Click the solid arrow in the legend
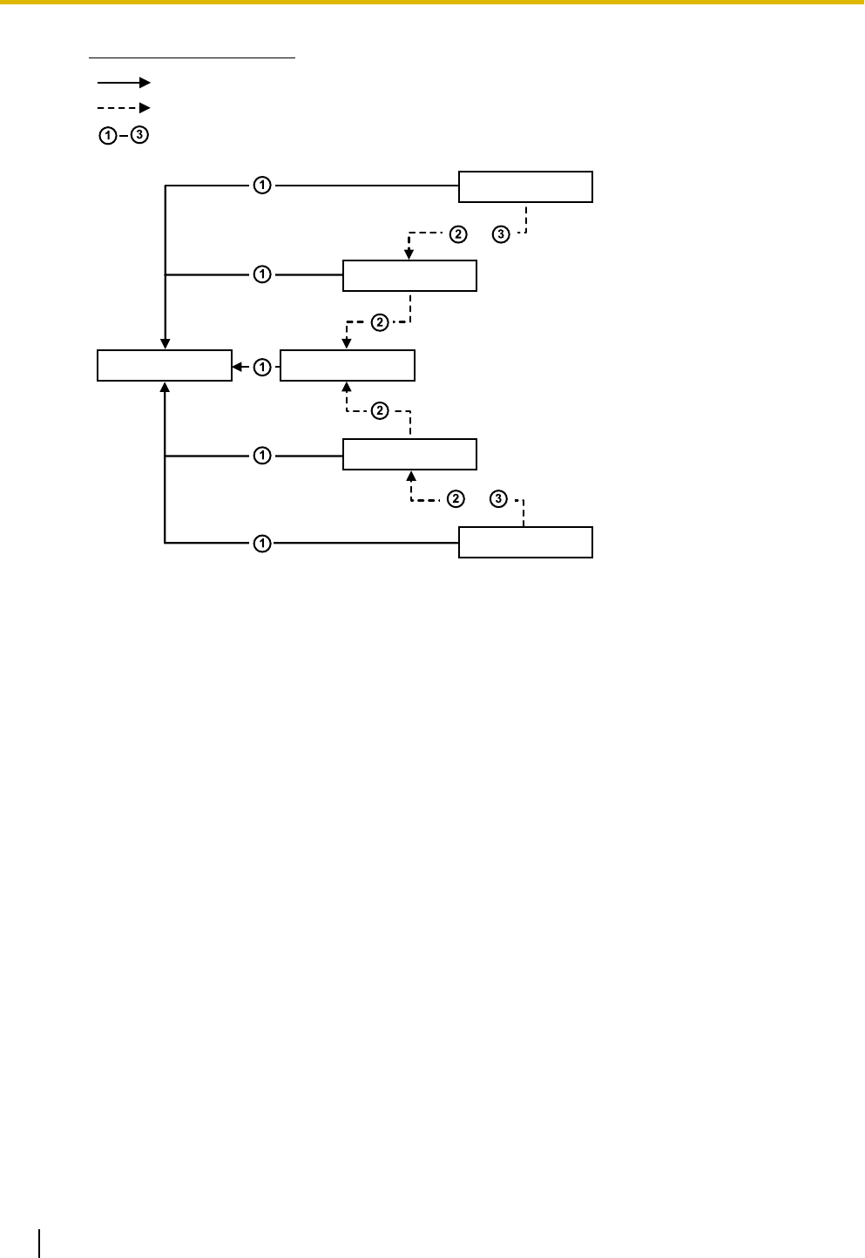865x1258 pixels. [124, 83]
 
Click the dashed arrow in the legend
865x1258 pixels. [124, 108]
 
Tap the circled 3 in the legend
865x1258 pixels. [140, 136]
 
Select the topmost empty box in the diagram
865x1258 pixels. [525, 186]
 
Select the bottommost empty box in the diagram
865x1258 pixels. [525, 542]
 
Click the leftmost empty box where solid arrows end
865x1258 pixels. [164, 366]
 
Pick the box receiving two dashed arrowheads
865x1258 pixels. [347, 366]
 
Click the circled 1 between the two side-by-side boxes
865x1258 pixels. [262, 368]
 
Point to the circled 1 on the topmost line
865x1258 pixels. [262, 185]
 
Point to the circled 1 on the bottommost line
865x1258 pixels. [262, 544]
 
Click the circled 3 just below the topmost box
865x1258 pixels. [501, 233]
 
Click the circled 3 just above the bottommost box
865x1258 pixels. [498, 499]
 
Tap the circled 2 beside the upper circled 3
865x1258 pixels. [458, 233]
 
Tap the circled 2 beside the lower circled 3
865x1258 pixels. [456, 499]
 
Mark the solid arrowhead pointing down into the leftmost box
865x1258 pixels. [165, 344]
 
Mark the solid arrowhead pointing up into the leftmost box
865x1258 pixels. [165, 388]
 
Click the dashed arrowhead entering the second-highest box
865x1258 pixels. [409, 254]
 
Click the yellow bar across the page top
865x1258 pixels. [432, 3]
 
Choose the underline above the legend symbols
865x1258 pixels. [193, 58]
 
